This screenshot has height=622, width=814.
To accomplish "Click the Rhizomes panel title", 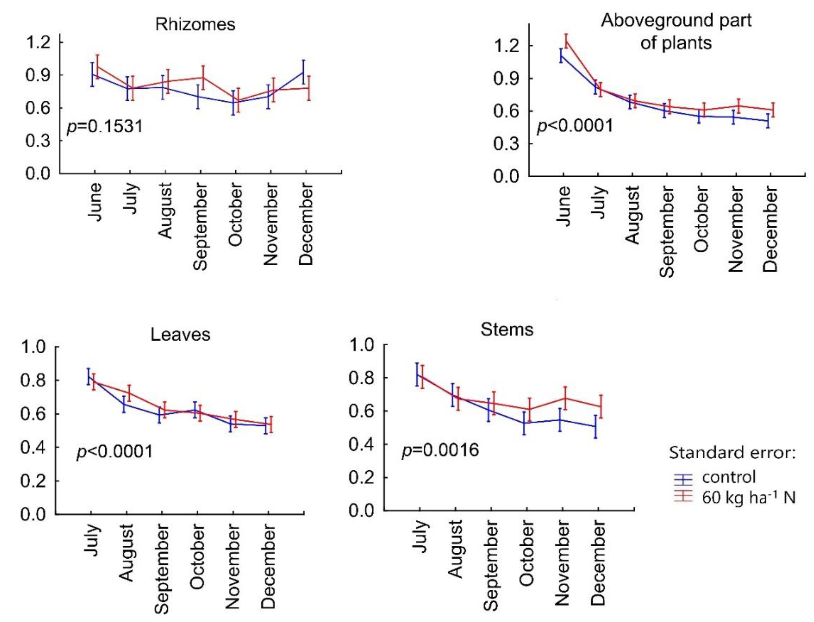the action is tap(195, 24).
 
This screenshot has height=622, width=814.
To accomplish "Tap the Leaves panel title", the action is tap(180, 335).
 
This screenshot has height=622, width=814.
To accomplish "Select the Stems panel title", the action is tap(507, 329).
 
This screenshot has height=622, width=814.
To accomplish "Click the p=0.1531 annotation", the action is tap(105, 127).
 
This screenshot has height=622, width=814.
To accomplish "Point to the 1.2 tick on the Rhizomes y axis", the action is tap(38, 42).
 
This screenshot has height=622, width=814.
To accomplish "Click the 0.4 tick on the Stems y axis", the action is tap(361, 444).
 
